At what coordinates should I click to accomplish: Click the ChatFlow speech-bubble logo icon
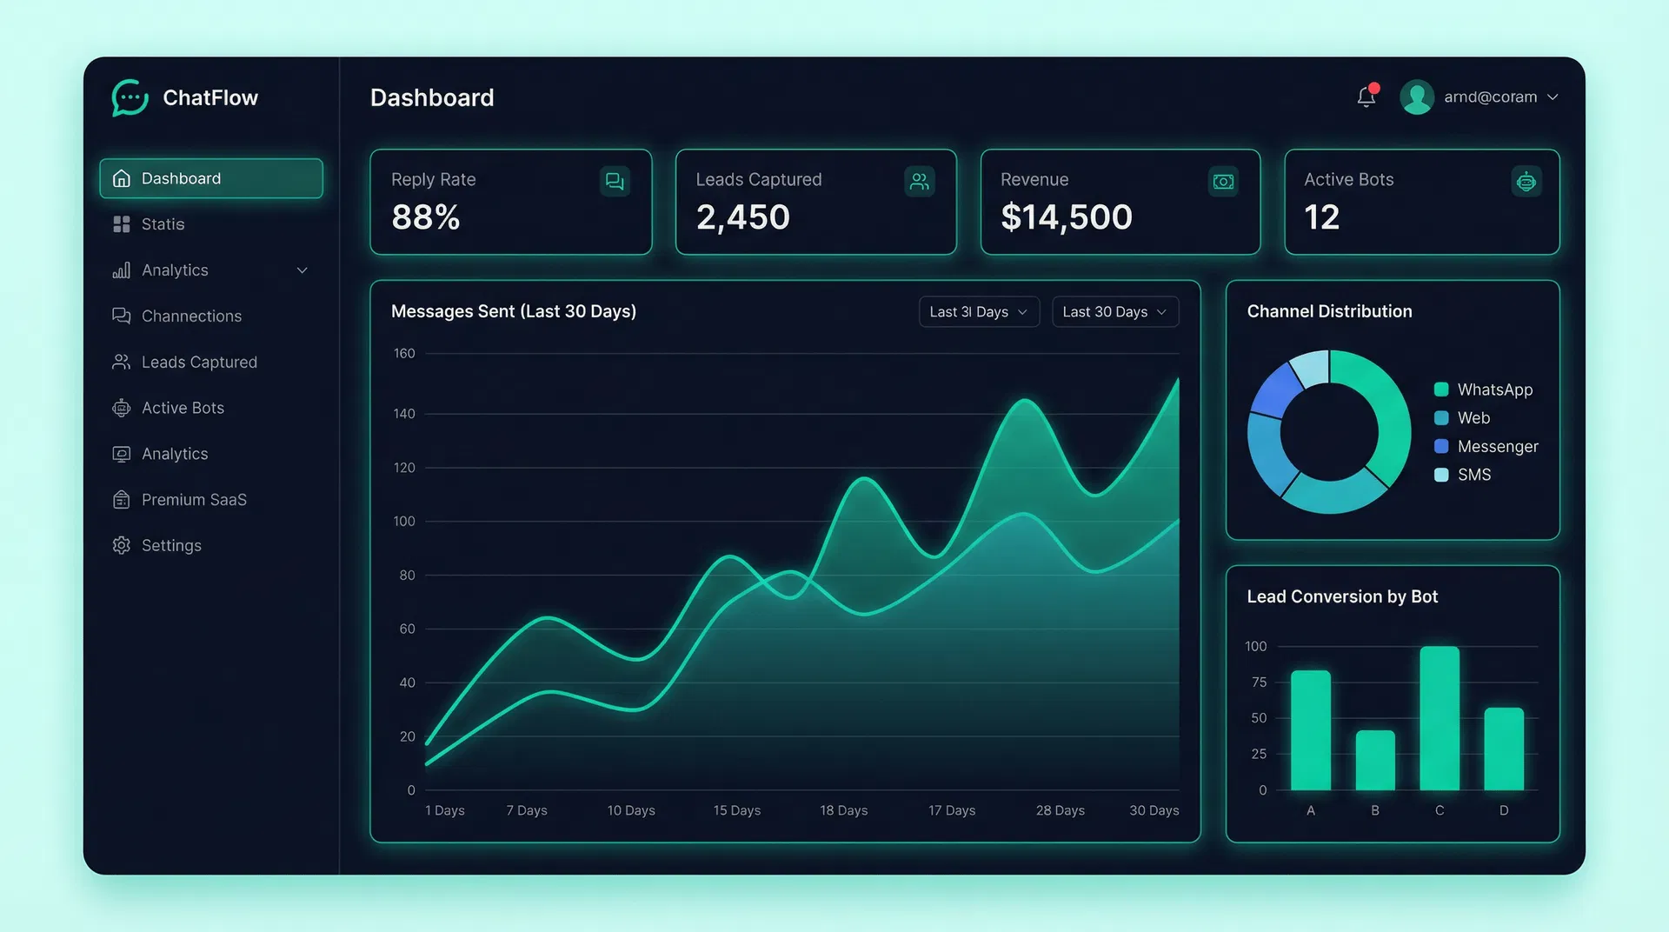pyautogui.click(x=130, y=97)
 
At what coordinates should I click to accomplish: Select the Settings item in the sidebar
pyautogui.click(x=171, y=545)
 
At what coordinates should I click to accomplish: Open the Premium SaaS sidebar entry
pyautogui.click(x=193, y=500)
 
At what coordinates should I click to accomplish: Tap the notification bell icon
pyautogui.click(x=1366, y=97)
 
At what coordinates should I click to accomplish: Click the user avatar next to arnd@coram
pyautogui.click(x=1416, y=97)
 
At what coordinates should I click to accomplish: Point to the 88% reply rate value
pyautogui.click(x=425, y=217)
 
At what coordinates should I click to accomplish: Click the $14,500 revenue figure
pyautogui.click(x=1066, y=217)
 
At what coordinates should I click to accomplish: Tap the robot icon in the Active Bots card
pyautogui.click(x=1526, y=182)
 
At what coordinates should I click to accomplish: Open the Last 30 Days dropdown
pyautogui.click(x=1114, y=312)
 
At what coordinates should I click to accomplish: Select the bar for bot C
pyautogui.click(x=1439, y=718)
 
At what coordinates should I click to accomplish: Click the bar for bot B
pyautogui.click(x=1374, y=761)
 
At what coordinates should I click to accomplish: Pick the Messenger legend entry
pyautogui.click(x=1497, y=447)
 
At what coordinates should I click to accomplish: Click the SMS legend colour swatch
pyautogui.click(x=1440, y=475)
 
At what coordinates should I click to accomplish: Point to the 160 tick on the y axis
pyautogui.click(x=404, y=354)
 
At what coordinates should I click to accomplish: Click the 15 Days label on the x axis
pyautogui.click(x=736, y=810)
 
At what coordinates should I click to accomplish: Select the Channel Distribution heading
pyautogui.click(x=1329, y=311)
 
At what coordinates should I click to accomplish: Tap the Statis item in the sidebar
pyautogui.click(x=163, y=224)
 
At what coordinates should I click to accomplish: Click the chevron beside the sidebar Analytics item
pyautogui.click(x=302, y=270)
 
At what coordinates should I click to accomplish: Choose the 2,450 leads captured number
pyautogui.click(x=742, y=217)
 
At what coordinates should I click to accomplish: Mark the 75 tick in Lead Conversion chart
pyautogui.click(x=1258, y=682)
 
